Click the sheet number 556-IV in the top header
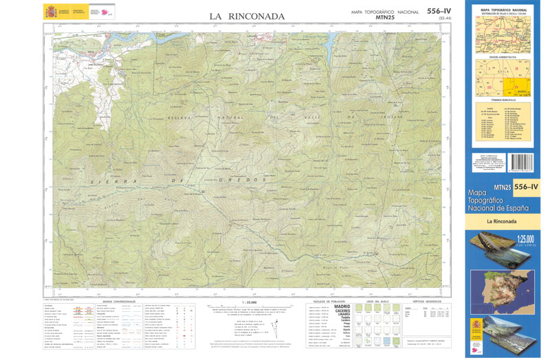(439, 10)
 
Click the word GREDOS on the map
(230, 179)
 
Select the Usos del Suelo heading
(379, 301)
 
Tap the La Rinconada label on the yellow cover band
(507, 221)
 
